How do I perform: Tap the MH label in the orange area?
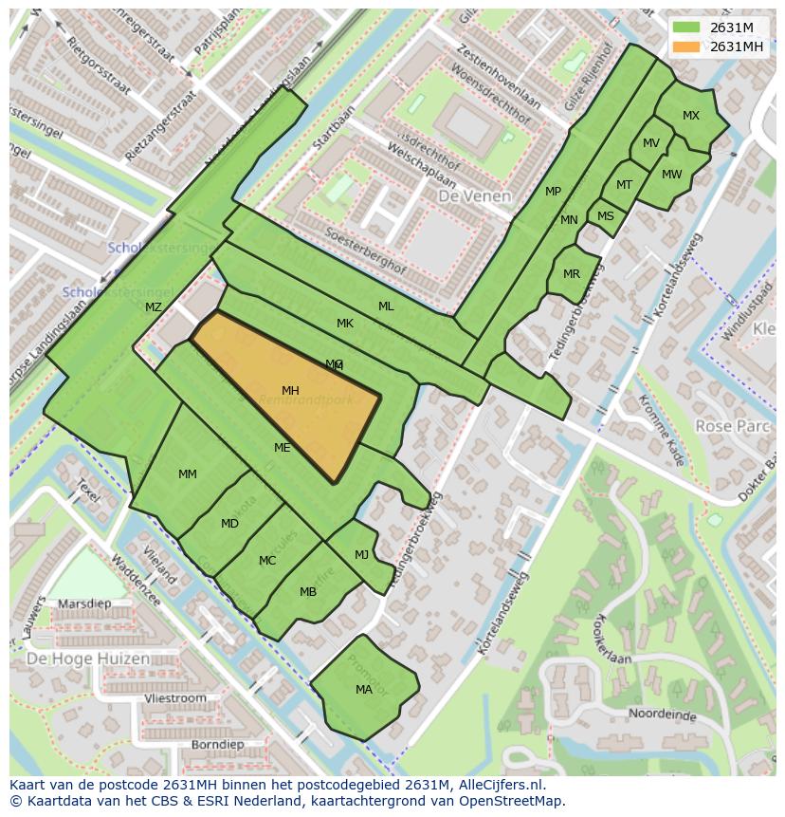point(290,391)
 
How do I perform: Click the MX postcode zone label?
point(691,116)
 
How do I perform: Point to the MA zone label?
point(364,690)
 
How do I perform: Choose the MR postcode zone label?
point(571,274)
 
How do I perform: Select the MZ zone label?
point(154,307)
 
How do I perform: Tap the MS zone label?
point(606,216)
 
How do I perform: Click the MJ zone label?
point(361,555)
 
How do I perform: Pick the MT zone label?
point(624,185)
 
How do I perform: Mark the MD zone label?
point(229,524)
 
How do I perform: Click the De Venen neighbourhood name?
point(474,196)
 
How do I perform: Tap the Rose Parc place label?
point(732,426)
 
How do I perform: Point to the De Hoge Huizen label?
point(87,659)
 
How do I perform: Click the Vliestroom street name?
point(175,698)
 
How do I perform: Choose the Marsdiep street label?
point(84,603)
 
